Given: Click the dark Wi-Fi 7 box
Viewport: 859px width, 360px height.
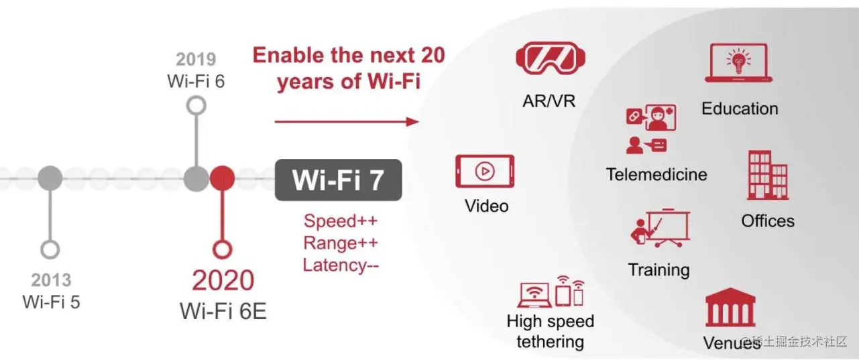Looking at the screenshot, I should pos(338,180).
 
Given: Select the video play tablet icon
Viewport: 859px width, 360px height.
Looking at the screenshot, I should pos(484,172).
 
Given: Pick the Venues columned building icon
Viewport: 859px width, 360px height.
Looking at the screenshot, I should pos(730,308).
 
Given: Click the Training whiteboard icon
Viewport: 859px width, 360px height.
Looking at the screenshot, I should pos(660,229).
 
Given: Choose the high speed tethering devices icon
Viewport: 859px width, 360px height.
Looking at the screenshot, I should pos(551,291).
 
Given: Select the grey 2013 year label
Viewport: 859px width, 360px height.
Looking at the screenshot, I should pos(51,280).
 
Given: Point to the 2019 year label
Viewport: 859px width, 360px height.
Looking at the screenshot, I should pos(196,59).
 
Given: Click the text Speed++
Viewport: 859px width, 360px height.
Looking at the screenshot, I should pos(340,221).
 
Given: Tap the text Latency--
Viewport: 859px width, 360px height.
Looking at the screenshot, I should pos(341,265).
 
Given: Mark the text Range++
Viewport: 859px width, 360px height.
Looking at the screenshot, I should pos(340,243).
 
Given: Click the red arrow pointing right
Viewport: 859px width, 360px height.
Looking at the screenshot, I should pos(346,121).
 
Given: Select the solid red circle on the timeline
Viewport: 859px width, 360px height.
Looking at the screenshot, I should pos(222,178).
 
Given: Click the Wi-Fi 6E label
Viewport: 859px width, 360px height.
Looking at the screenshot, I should pos(223,310).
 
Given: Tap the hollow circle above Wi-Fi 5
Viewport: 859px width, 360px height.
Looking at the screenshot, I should pos(50,249).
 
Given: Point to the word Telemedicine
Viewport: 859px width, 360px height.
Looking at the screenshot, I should pos(656,174).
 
